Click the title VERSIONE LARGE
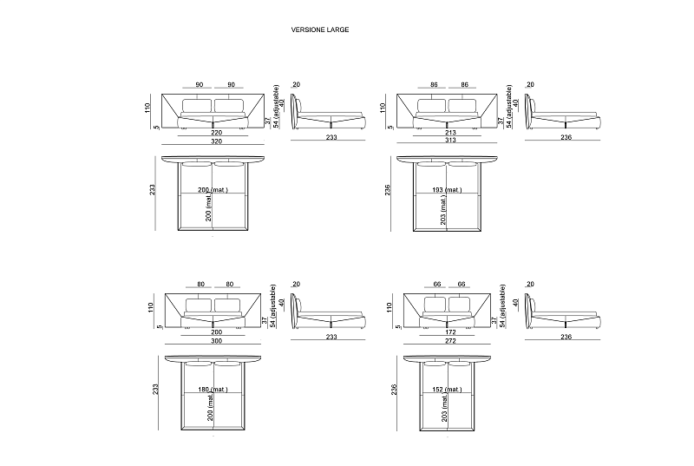pos(319,30)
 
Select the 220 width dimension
pos(216,132)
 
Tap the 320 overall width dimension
pos(216,141)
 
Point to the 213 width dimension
pos(450,132)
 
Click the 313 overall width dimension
pos(450,140)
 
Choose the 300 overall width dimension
pos(216,341)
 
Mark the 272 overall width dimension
pos(450,341)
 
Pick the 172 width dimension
pos(450,331)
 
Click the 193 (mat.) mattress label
pos(447,190)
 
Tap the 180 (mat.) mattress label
pos(213,390)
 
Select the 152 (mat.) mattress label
pos(447,390)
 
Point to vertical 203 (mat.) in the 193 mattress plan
pos(443,210)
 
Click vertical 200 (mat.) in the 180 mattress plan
pos(210,408)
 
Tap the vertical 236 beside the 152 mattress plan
pos(395,390)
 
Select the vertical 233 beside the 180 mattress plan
pos(156,390)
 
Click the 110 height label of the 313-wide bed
pos(383,108)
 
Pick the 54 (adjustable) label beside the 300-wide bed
pos(273,305)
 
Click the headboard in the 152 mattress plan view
pos(447,358)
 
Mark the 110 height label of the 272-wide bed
pos(389,307)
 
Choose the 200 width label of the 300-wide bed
pos(216,331)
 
